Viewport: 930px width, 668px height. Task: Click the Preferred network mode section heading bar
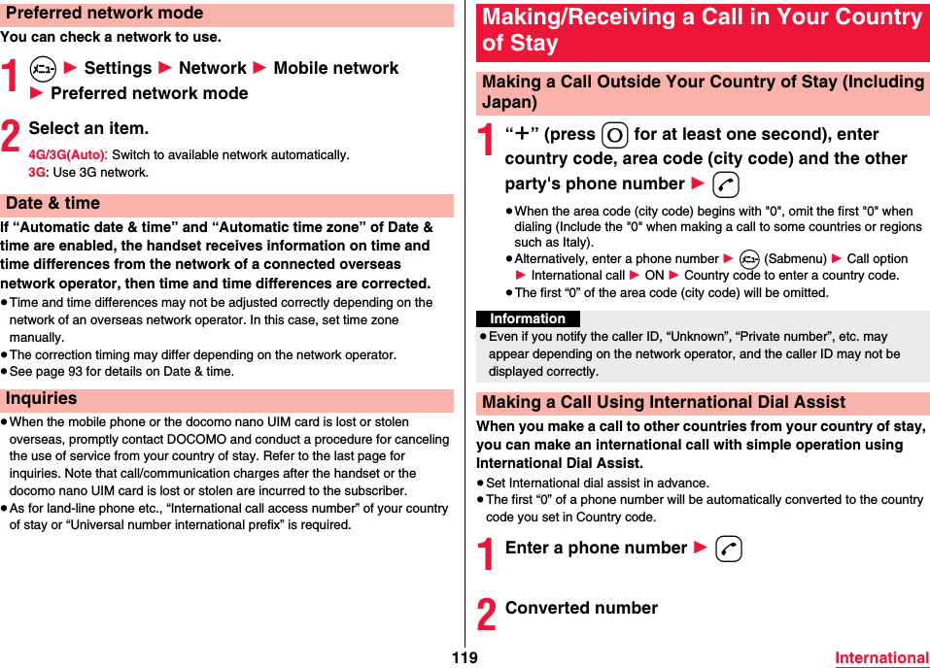(x=225, y=14)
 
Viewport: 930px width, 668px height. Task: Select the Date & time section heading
(x=225, y=204)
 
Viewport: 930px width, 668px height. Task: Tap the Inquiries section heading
(x=225, y=399)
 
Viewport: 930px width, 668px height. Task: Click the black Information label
(x=528, y=318)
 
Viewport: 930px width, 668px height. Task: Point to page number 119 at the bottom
(x=465, y=657)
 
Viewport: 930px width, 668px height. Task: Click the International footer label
(x=881, y=657)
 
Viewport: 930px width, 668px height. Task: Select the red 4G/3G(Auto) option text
(x=66, y=155)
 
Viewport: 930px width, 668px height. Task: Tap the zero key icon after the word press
(x=614, y=135)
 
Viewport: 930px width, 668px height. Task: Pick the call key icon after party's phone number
(x=724, y=185)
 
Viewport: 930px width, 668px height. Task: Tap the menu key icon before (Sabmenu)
(x=748, y=259)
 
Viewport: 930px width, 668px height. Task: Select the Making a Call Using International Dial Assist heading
(x=664, y=402)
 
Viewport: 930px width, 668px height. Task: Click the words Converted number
(x=581, y=608)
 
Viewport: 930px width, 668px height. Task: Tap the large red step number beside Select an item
(x=11, y=137)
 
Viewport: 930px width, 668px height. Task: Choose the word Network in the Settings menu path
(x=212, y=68)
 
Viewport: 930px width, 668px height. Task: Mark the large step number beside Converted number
(x=487, y=616)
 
